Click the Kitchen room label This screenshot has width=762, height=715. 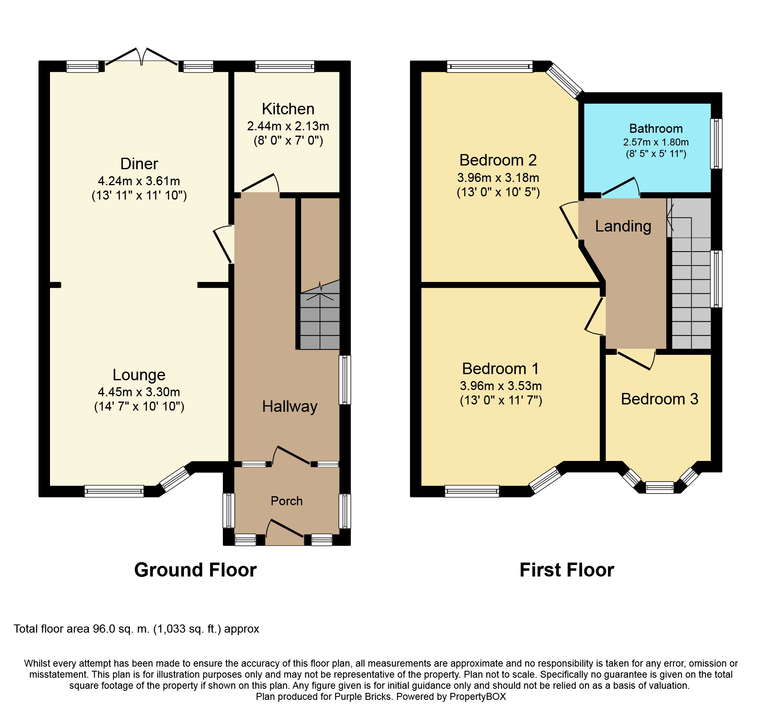pos(288,109)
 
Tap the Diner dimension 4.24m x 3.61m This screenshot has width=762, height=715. pos(139,181)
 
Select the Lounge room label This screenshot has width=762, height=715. pos(139,375)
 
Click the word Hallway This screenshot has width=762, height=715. pos(290,406)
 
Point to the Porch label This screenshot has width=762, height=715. pos(286,501)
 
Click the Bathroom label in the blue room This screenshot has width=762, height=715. pos(655,129)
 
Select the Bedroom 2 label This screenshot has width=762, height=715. pos(498,160)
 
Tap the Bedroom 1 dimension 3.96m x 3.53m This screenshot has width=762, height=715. pos(501,386)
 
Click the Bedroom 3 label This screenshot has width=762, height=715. pos(659,399)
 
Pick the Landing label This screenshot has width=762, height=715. pos(623,226)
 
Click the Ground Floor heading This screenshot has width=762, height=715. pos(195,570)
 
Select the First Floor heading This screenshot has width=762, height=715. pos(567,570)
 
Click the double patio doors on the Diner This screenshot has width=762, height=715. pos(141,57)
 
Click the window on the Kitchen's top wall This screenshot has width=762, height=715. pos(285,66)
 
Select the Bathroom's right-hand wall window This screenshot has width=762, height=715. pos(716,143)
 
